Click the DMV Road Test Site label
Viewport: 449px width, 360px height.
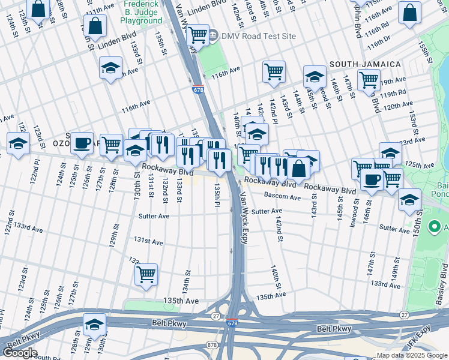point(259,36)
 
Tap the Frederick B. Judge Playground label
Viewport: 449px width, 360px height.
point(143,12)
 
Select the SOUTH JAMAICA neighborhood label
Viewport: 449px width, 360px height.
point(364,64)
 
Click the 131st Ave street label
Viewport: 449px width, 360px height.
point(148,241)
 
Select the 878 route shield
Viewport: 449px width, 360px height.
point(212,344)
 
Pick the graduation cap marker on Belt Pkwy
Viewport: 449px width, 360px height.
point(94,325)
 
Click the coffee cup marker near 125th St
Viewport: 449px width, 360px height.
point(82,143)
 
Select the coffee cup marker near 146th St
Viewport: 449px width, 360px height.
point(372,178)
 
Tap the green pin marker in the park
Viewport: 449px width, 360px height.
point(434,227)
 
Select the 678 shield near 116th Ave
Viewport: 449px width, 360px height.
point(198,89)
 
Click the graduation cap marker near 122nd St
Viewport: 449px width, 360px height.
point(19,143)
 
